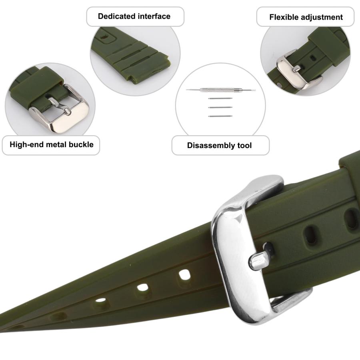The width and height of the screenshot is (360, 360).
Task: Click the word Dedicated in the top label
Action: click(116, 16)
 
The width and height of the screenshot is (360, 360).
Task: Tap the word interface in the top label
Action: click(154, 16)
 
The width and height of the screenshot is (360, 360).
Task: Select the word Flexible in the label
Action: click(283, 17)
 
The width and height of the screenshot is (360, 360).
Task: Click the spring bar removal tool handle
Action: click(220, 90)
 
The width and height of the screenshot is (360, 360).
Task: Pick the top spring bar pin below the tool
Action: click(220, 98)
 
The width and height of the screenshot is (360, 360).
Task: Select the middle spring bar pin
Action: click(220, 107)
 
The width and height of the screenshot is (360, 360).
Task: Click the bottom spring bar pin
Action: click(220, 116)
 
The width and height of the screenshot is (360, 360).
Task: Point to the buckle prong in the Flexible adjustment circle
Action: click(296, 68)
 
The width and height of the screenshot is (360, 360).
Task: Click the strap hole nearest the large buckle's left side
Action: click(184, 275)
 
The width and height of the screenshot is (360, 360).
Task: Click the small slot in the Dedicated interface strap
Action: click(104, 37)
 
